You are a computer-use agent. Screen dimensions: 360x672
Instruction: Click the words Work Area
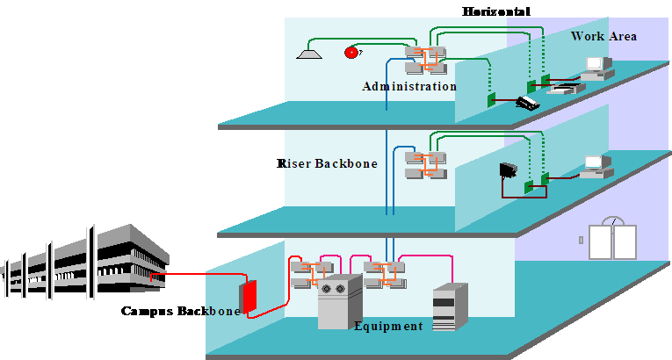coord(603,36)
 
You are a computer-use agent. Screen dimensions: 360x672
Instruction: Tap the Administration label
coord(408,87)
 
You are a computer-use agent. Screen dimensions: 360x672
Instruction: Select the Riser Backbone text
coord(329,163)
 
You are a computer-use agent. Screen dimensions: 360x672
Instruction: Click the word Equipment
coord(387,326)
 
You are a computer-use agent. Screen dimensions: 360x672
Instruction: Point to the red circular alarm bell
coord(351,52)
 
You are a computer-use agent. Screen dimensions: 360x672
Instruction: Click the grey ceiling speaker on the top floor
coord(309,54)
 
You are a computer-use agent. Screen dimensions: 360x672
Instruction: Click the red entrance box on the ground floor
coord(249,297)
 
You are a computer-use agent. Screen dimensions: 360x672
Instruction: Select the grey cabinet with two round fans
coord(339,301)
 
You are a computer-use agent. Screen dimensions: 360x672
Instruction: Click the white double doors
coord(612,241)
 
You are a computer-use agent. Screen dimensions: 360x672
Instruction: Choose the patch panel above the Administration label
coord(426,60)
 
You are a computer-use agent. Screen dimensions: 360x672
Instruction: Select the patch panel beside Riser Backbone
coord(426,164)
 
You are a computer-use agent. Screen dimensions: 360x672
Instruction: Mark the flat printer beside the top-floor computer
coord(562,88)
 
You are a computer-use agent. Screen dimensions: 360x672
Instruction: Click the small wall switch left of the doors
coord(581,239)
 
